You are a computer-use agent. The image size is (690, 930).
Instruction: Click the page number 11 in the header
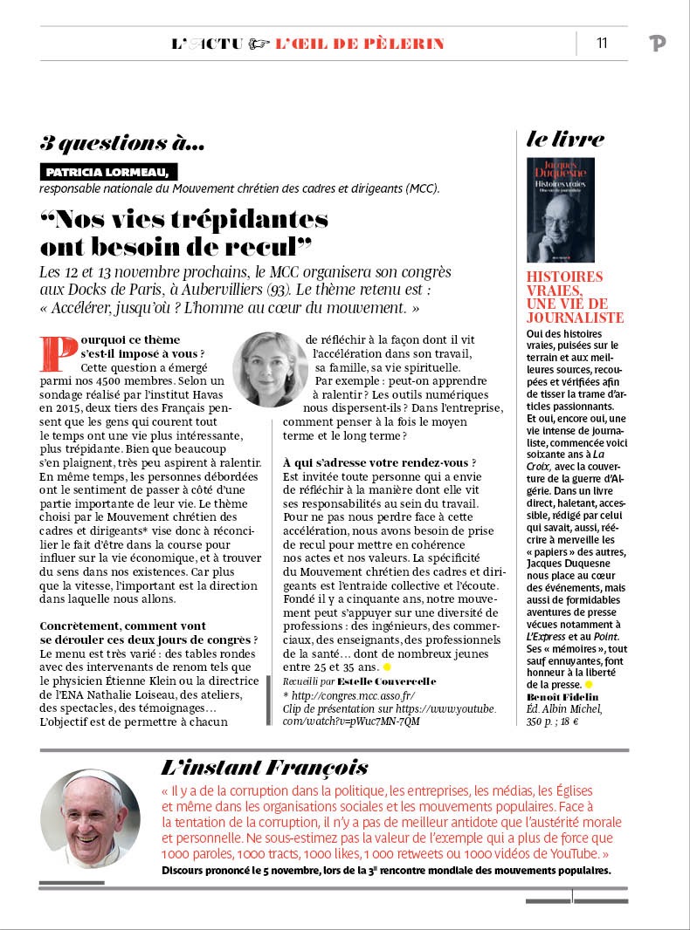[x=602, y=43]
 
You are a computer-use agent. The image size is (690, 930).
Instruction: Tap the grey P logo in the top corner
[x=658, y=44]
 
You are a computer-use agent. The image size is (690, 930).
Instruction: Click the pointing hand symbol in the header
[x=259, y=44]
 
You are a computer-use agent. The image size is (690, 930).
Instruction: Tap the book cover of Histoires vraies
[x=560, y=209]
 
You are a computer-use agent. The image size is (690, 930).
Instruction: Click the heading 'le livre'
[x=564, y=138]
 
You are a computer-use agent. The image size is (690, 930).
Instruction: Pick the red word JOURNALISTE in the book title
[x=576, y=318]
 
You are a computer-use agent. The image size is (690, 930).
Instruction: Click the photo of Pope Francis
[x=90, y=818]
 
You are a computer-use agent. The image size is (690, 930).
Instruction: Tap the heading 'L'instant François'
[x=264, y=767]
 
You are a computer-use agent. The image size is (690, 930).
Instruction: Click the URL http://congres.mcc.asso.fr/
[x=353, y=695]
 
